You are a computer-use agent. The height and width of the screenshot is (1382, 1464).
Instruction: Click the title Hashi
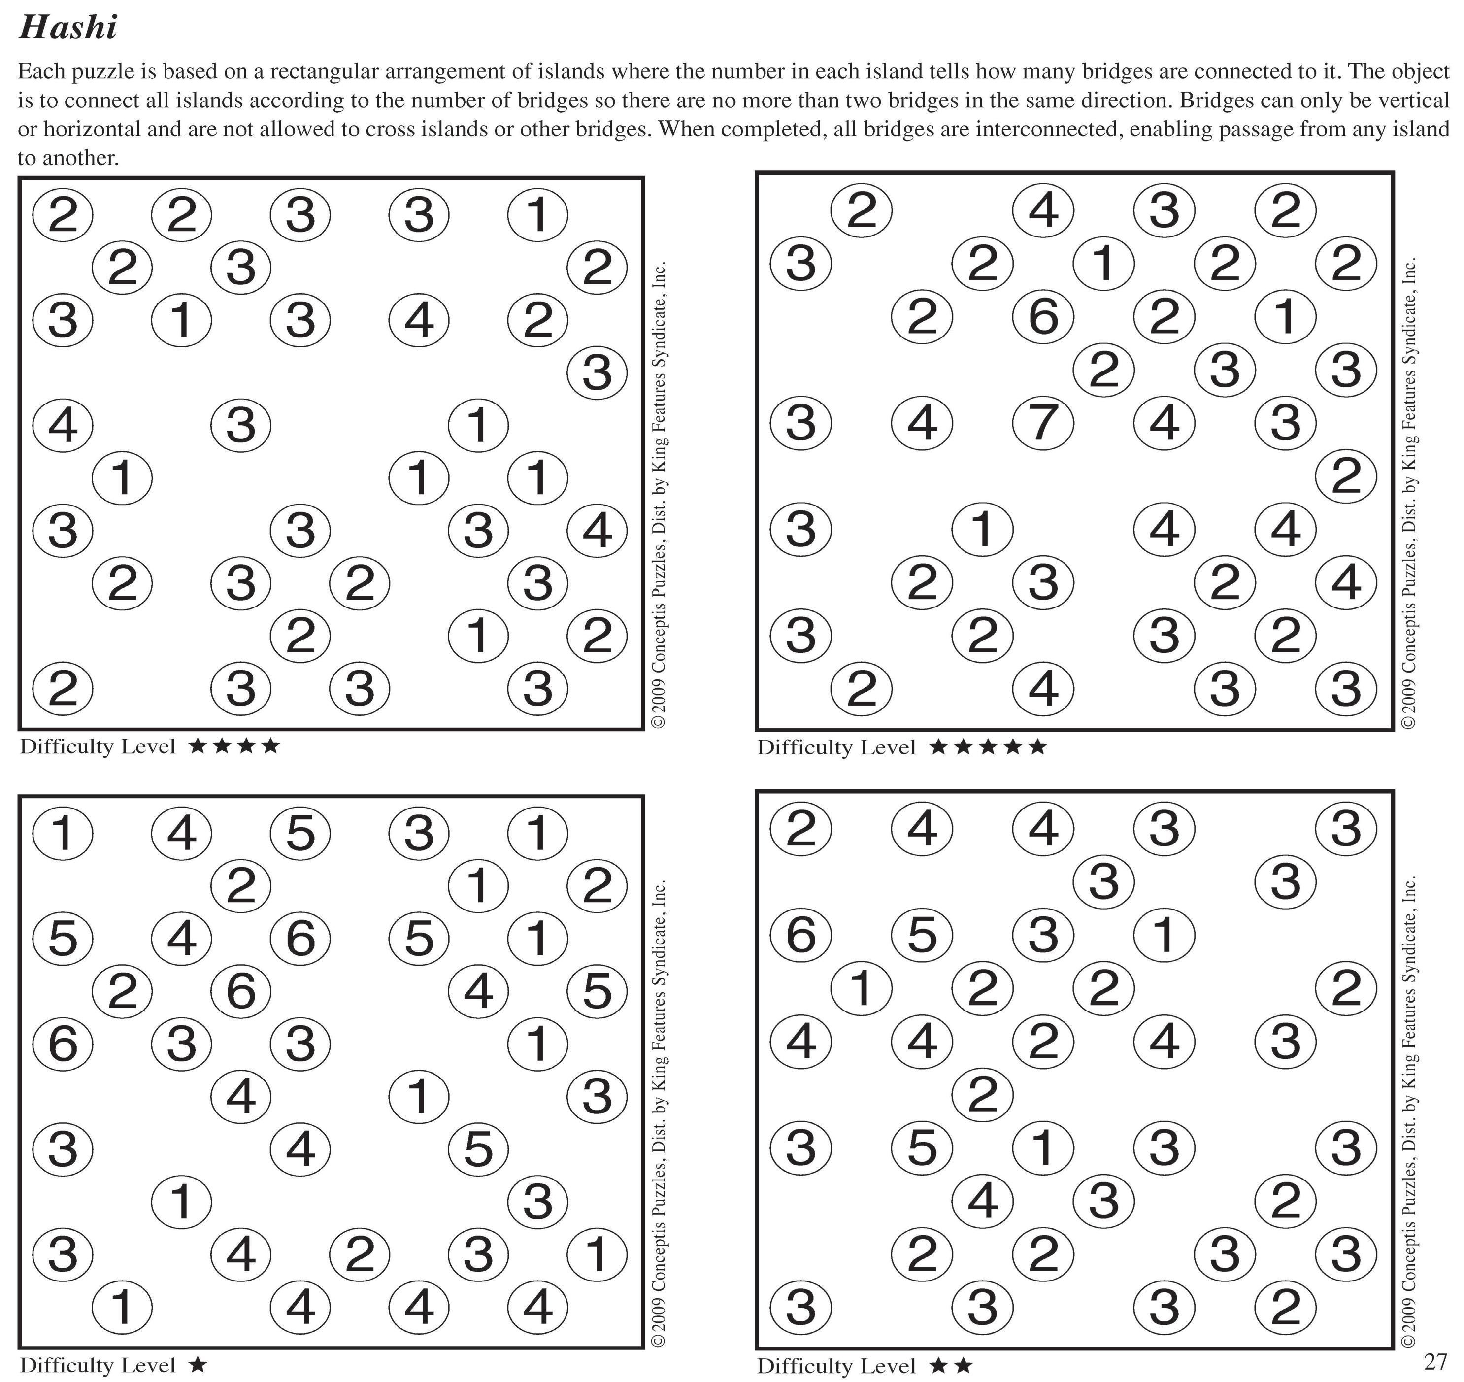(68, 28)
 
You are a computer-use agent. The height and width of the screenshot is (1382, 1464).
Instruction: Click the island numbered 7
(1043, 423)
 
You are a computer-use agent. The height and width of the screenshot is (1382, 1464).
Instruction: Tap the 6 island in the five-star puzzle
(1043, 317)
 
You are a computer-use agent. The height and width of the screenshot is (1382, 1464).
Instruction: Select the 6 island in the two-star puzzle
(800, 935)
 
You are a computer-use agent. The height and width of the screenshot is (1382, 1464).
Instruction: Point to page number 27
(1435, 1360)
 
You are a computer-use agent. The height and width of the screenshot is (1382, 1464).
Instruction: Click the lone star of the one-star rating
(198, 1365)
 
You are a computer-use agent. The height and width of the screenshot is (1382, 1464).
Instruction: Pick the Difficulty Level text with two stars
(836, 1366)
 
